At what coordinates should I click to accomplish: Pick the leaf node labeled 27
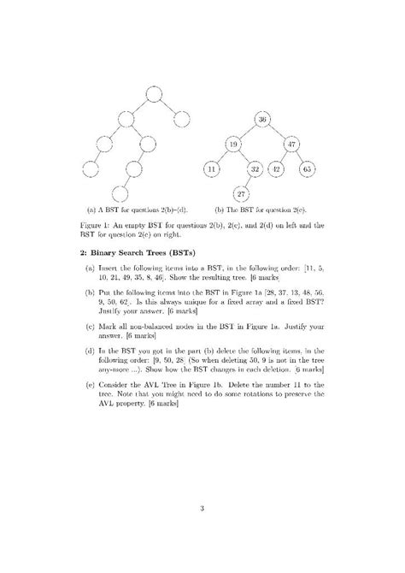click(242, 194)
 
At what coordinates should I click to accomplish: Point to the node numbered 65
click(308, 169)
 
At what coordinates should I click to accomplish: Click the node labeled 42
click(277, 169)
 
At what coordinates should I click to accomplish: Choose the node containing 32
click(254, 169)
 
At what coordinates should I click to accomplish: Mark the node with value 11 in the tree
click(212, 169)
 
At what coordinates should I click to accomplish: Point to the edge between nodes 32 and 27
click(248, 182)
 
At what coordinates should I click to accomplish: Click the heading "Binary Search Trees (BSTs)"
click(145, 253)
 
